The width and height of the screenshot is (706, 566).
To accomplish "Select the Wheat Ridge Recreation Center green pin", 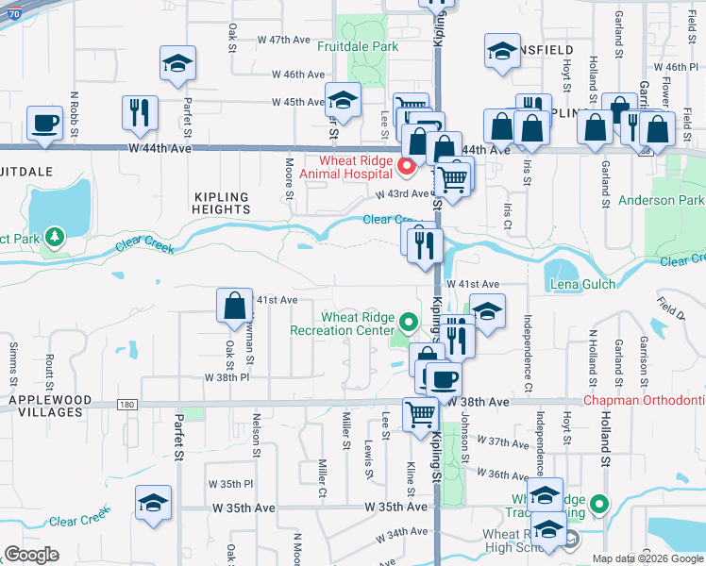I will point(408,323).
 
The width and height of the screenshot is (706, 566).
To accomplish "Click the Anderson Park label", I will point(661,200).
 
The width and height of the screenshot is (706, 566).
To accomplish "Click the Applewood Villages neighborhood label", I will point(50,400).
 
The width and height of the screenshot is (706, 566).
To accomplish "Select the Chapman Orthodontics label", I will point(644,400).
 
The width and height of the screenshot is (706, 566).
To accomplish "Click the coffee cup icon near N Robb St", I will point(44,123).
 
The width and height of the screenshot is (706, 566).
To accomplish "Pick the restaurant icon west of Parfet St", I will point(140,111).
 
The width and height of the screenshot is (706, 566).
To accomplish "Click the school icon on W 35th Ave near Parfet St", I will point(153,502).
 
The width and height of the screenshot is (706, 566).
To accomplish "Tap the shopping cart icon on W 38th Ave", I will point(420,412).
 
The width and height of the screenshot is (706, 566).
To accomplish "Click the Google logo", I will point(31,555).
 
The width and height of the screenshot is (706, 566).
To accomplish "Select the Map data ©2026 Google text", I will point(647,558).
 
